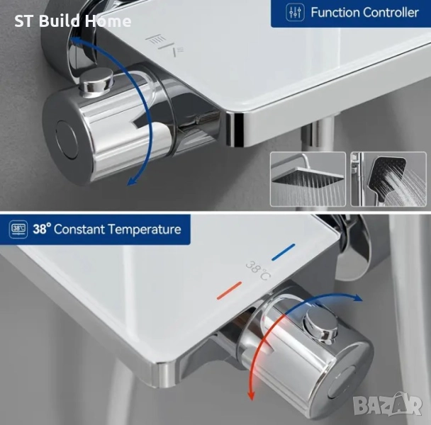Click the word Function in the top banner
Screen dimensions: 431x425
[335, 13]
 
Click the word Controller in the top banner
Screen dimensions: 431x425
[391, 13]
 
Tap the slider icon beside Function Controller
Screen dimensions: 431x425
[295, 13]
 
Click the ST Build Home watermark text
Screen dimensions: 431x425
[72, 21]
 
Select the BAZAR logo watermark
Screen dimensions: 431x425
[388, 404]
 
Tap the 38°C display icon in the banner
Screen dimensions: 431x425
[18, 229]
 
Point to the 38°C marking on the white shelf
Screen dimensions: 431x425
[257, 271]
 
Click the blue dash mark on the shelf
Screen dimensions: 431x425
[283, 252]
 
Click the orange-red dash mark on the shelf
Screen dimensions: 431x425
[229, 290]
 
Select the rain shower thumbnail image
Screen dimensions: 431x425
[308, 179]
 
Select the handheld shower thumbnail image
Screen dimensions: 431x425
[388, 179]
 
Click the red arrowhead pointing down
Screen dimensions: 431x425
[250, 395]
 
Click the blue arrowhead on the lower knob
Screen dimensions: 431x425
[357, 297]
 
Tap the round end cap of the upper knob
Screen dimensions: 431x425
[67, 140]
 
